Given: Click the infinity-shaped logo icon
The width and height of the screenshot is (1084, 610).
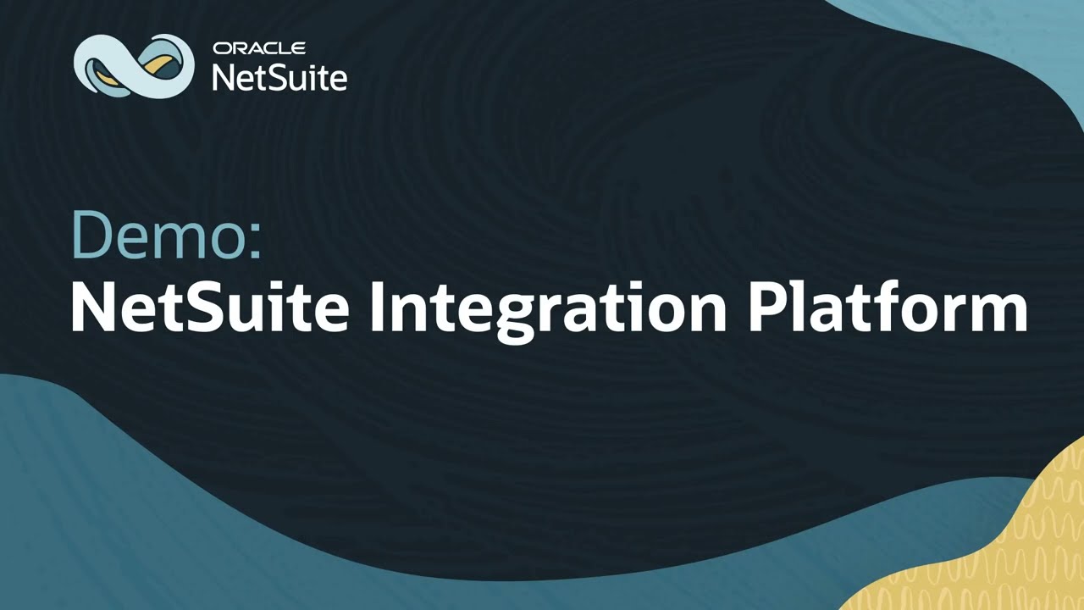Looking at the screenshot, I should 134,64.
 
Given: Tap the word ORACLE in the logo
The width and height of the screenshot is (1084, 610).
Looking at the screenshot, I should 259,48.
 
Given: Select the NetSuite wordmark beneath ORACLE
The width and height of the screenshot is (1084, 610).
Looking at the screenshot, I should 279,77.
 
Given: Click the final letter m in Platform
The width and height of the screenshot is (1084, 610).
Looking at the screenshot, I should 1000,312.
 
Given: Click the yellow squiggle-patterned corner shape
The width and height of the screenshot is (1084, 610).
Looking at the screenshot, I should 999,551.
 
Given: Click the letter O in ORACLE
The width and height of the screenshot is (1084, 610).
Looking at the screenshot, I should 219,48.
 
